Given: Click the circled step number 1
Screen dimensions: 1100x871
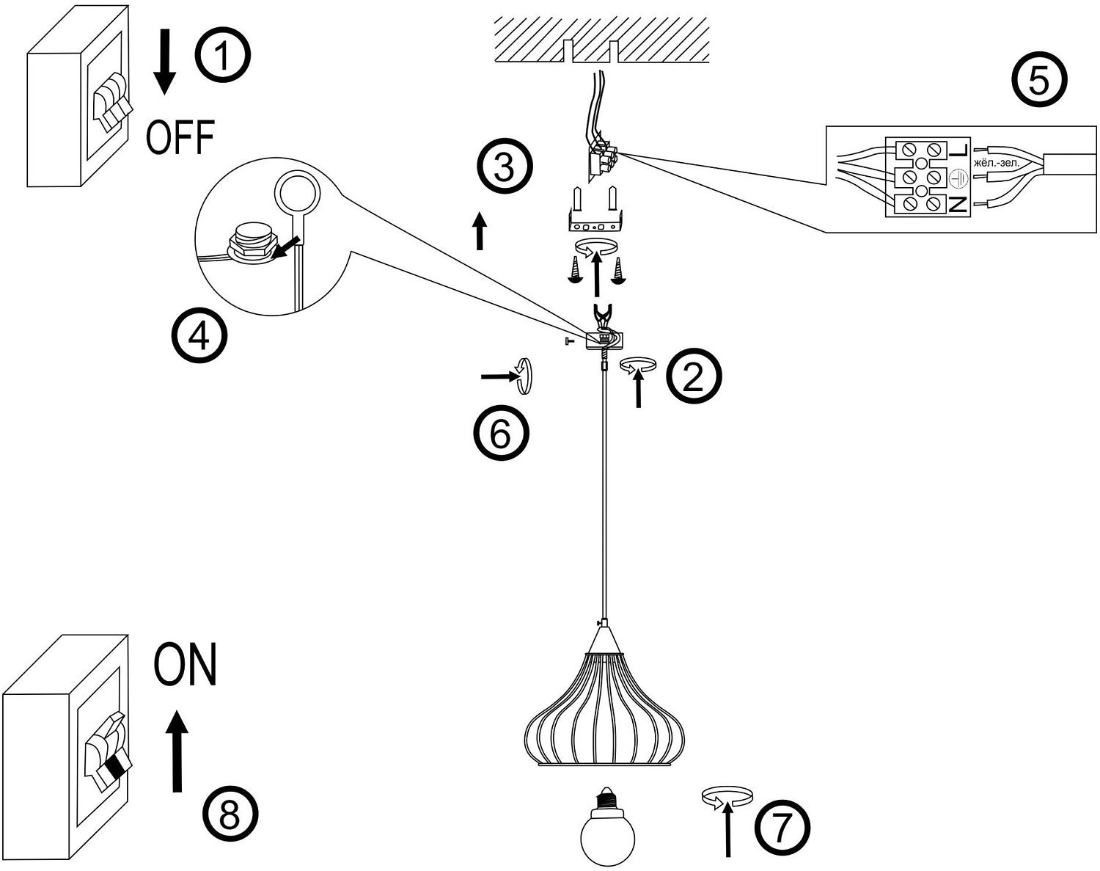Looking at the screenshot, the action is [222, 55].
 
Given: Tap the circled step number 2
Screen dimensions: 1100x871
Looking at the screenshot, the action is [694, 377].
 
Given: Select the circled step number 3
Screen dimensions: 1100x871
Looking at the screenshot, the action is [505, 166].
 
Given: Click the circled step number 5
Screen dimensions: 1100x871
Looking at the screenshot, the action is [1040, 80].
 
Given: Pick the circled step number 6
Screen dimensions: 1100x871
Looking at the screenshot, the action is [501, 432].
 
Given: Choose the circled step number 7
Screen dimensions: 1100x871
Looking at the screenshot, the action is [782, 826].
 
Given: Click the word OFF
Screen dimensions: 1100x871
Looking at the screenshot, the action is [180, 137].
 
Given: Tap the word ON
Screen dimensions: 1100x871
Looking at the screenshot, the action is [186, 664].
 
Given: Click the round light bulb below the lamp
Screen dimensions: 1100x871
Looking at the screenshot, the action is [607, 828].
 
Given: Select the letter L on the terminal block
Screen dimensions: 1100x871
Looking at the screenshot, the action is [958, 150].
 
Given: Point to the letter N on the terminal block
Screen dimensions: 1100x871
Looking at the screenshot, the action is [958, 204].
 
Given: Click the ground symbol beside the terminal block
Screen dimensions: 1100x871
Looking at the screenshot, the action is [957, 178].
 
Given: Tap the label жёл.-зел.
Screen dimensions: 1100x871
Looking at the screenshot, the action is [997, 164].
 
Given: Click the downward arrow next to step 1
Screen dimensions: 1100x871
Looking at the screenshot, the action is [164, 62].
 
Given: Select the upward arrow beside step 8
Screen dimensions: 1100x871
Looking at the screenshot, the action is [177, 751].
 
